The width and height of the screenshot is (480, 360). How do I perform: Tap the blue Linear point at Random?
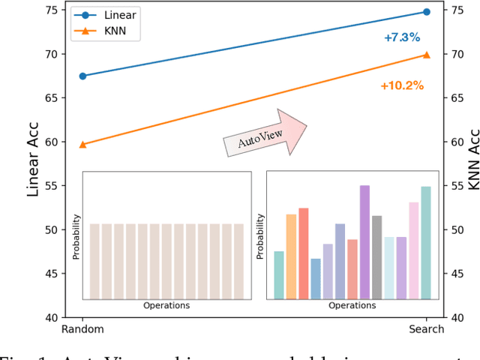pyautogui.click(x=82, y=76)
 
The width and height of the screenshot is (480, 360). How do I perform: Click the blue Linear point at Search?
pyautogui.click(x=427, y=12)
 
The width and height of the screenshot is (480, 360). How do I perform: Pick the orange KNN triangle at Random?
pyautogui.click(x=82, y=144)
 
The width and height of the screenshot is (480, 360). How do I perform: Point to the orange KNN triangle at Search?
pyautogui.click(x=427, y=54)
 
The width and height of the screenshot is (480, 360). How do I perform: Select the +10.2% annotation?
pyautogui.click(x=402, y=85)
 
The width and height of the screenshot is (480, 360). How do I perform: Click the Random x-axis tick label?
pyautogui.click(x=82, y=329)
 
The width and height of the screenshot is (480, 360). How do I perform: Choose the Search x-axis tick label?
pyautogui.click(x=427, y=329)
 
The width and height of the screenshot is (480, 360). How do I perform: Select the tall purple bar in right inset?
pyautogui.click(x=364, y=242)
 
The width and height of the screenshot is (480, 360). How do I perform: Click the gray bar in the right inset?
pyautogui.click(x=376, y=257)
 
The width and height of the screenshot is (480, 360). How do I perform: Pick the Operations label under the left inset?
pyautogui.click(x=166, y=306)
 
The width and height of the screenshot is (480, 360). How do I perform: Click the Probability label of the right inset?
pyautogui.click(x=260, y=236)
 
